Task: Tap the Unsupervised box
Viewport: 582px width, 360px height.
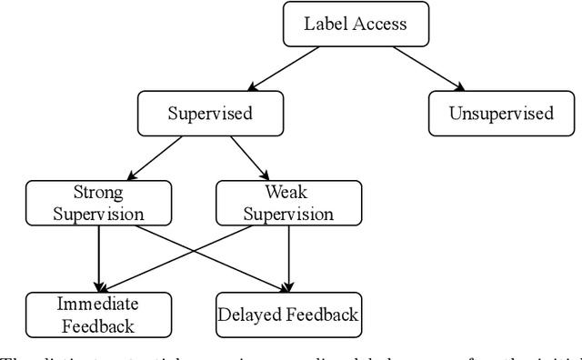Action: (x=500, y=114)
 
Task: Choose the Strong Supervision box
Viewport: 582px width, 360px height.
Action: (x=97, y=203)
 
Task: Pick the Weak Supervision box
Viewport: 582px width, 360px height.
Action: (x=287, y=203)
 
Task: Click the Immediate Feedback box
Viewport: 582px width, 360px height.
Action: (x=97, y=314)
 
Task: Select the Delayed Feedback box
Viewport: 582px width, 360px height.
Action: (x=287, y=314)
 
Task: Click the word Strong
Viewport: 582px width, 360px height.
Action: (x=97, y=193)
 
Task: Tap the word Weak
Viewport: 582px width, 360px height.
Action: (x=287, y=193)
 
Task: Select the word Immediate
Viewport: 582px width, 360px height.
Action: (x=97, y=304)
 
